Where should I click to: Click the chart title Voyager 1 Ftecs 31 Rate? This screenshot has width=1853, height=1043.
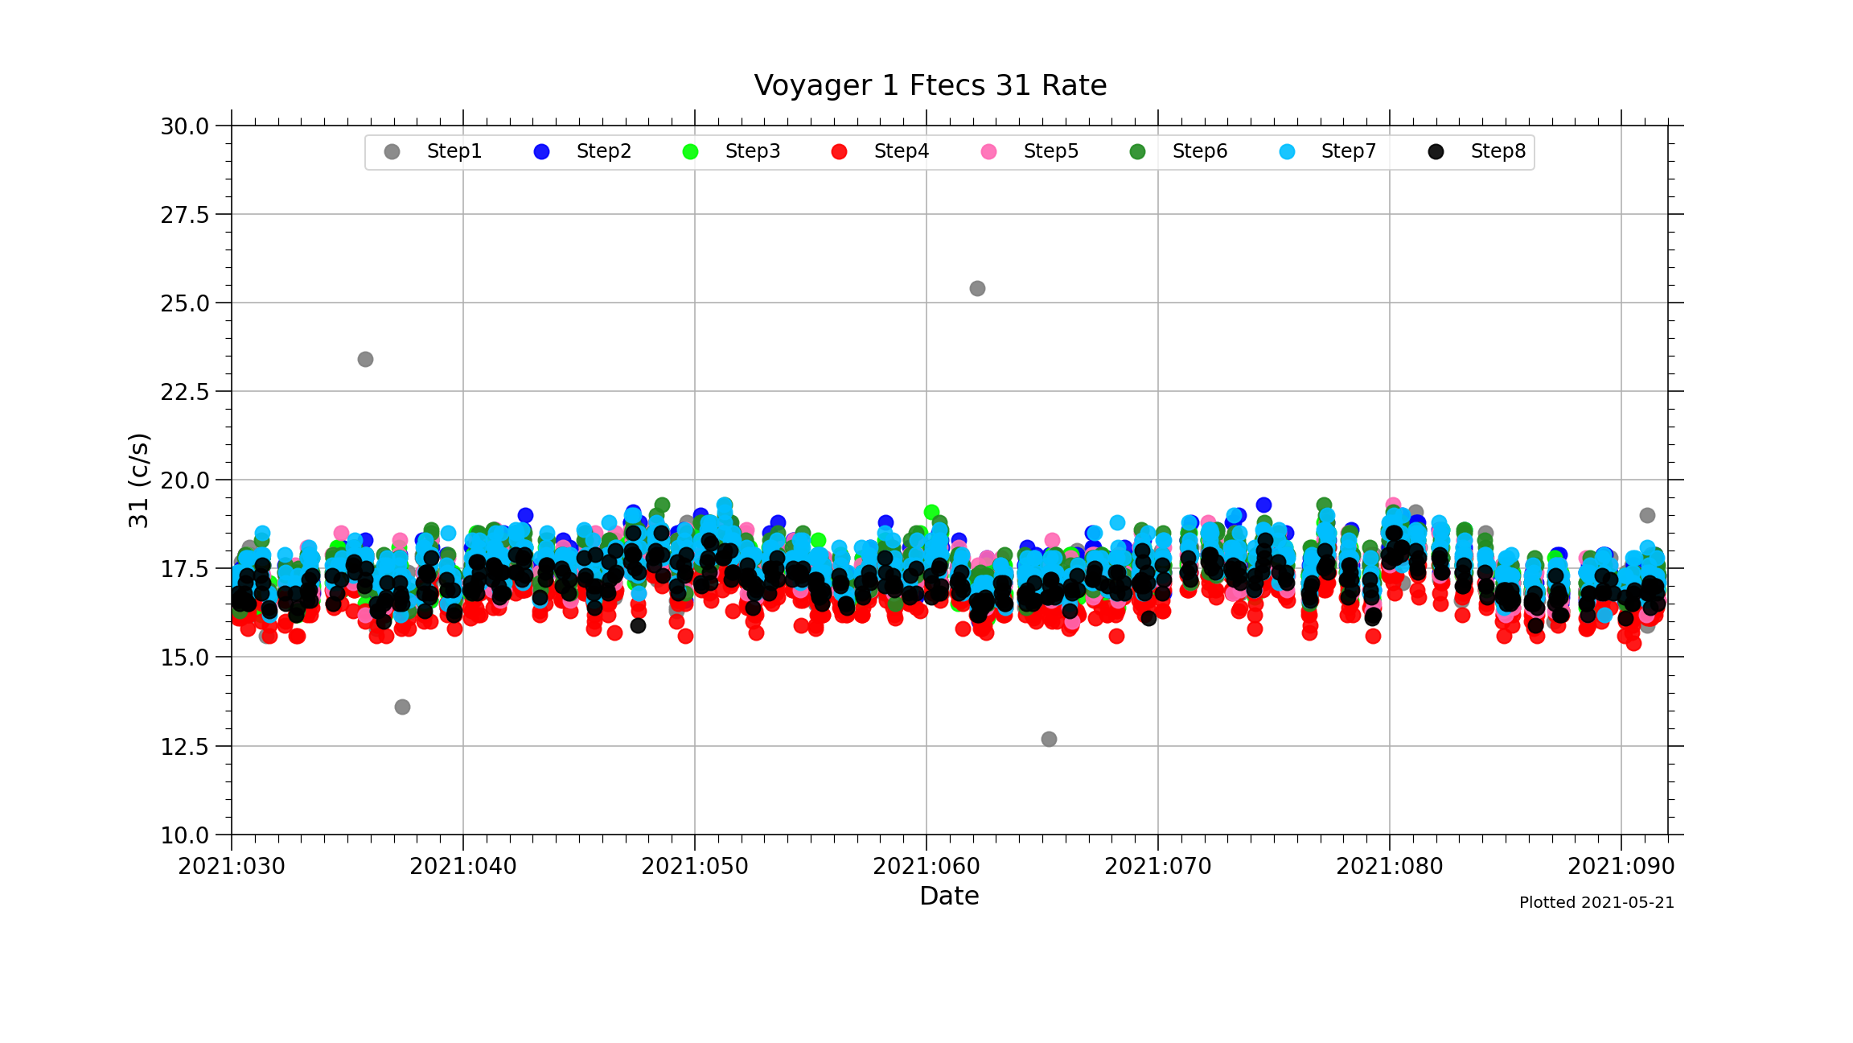point(930,85)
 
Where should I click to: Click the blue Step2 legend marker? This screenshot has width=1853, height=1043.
point(541,152)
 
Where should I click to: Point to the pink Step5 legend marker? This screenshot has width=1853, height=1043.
point(988,152)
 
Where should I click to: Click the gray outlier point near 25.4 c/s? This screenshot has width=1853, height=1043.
point(977,288)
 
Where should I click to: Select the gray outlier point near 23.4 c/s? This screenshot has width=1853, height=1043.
point(365,359)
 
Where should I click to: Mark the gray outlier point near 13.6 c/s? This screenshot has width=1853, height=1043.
point(402,707)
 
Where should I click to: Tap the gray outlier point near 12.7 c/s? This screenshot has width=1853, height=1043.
point(1049,739)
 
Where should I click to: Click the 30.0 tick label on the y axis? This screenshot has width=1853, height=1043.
point(184,126)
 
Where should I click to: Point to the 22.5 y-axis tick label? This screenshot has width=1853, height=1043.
point(184,392)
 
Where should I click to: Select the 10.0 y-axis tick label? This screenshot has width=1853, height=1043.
point(184,835)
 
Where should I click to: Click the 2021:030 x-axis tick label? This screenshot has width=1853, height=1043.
point(232,867)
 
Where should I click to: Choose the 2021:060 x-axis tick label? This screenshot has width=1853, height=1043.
point(926,867)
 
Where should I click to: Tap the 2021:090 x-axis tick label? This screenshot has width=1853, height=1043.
point(1621,867)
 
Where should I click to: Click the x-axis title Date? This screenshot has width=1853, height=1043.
point(949,896)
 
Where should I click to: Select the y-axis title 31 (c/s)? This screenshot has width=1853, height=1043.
point(138,480)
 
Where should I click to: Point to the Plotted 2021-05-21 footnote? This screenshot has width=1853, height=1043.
point(1596,903)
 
